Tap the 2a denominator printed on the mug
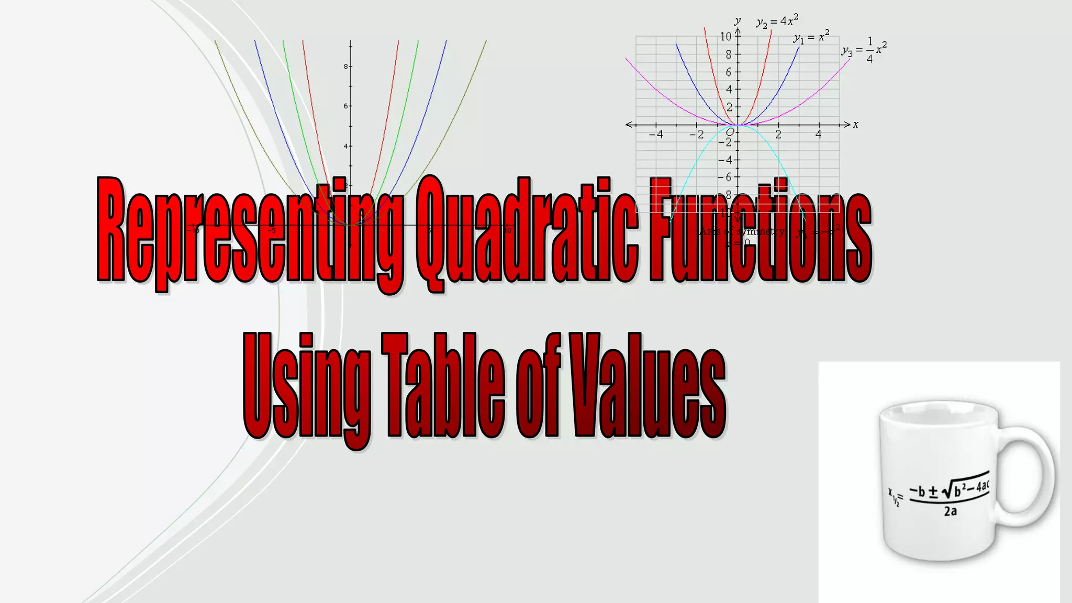[951, 511]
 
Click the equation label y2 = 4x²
[777, 21]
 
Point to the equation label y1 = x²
[811, 37]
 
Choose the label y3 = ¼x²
[864, 50]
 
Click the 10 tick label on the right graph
[725, 37]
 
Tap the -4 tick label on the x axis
[656, 135]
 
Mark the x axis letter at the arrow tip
[856, 125]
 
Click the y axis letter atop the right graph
[738, 21]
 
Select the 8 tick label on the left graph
[345, 66]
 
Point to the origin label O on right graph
[730, 132]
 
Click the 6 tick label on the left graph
[345, 106]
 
